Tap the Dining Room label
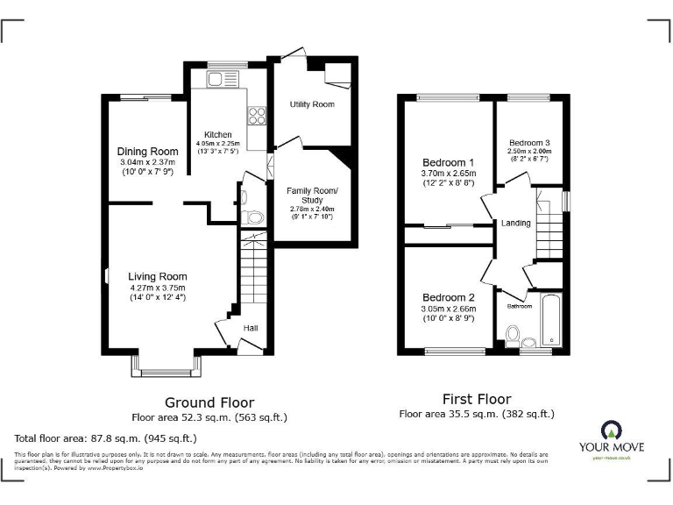point(148,152)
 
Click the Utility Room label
point(312,104)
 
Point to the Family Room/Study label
point(312,196)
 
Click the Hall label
point(251,328)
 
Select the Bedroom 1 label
point(448,163)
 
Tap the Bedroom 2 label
point(448,297)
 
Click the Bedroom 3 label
point(529,143)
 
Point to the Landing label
point(515,224)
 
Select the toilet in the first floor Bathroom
point(514,336)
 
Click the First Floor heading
point(476,399)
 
